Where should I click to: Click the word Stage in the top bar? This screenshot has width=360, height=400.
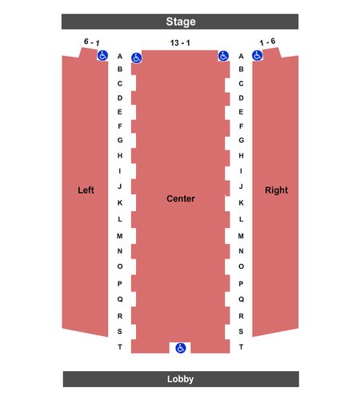pos(181,22)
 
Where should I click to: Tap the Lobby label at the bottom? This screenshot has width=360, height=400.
pos(181,379)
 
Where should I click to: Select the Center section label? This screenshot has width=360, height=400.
pos(181,198)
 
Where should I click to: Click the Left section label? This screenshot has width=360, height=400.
pos(86,190)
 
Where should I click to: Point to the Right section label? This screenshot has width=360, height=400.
pos(276,190)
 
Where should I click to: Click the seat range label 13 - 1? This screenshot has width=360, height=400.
pos(180,42)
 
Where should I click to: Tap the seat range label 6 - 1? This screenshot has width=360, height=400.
pos(92,42)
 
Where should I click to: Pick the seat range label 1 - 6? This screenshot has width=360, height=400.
pos(267,42)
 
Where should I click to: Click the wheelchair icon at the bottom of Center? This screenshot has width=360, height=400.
pos(181,348)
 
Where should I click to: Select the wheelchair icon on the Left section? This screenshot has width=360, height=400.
pos(102,56)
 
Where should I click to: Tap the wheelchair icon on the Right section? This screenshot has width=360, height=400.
pos(258,56)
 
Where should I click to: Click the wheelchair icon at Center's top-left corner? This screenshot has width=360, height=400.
pos(137,58)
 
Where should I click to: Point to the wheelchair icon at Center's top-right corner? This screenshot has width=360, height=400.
pos(223,56)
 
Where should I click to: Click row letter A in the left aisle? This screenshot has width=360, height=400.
pos(120,56)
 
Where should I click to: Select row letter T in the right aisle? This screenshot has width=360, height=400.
pos(241,347)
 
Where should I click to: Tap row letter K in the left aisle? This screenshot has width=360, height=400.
pos(120,202)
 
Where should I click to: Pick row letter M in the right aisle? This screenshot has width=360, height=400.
pos(241,236)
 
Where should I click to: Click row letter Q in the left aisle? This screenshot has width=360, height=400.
pos(120,299)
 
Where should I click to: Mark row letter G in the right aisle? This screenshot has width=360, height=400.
pos(241,140)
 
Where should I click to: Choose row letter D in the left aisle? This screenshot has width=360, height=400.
pos(120,98)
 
